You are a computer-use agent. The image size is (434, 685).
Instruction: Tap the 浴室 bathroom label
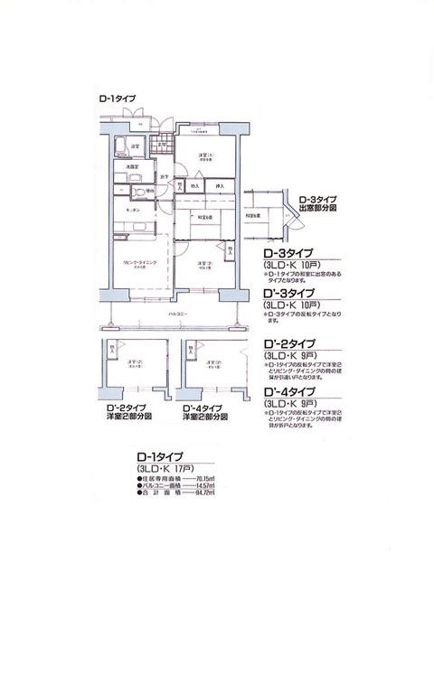pos(134,145)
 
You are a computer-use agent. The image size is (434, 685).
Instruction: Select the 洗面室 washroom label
pos(132,166)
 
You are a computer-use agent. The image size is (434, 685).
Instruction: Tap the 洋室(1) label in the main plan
pos(204,155)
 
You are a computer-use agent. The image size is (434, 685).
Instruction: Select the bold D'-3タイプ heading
pos(288,294)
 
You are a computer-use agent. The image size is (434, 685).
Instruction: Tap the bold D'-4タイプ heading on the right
pos(288,391)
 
